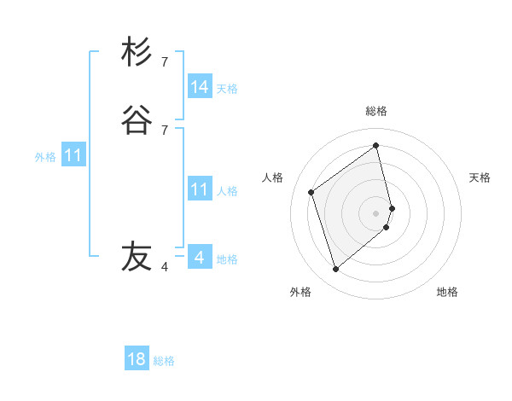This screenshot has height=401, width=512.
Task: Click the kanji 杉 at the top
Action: click(137, 52)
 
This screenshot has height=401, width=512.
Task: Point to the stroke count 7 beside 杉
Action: click(165, 61)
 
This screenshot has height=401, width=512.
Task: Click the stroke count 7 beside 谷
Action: click(165, 130)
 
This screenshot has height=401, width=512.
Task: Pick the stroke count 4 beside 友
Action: click(165, 267)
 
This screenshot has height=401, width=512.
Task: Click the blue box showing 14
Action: click(200, 87)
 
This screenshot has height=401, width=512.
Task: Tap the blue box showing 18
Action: click(137, 359)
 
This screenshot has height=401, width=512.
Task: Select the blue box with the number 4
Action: click(200, 257)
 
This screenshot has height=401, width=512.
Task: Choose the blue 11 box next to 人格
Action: click(200, 189)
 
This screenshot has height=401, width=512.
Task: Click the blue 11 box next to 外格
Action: click(73, 156)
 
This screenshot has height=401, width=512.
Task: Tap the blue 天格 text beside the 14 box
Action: click(227, 89)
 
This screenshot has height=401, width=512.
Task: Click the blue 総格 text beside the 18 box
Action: click(164, 361)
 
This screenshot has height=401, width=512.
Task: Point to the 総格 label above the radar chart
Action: click(376, 111)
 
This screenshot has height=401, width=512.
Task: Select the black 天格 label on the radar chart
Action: click(480, 177)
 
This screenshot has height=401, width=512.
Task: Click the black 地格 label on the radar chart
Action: click(447, 292)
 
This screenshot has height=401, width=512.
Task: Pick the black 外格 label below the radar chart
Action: click(300, 292)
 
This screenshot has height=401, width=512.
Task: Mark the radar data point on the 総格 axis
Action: click(376, 145)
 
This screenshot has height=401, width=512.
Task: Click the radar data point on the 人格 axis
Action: click(311, 192)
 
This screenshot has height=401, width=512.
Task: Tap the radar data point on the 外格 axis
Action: click(335, 270)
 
